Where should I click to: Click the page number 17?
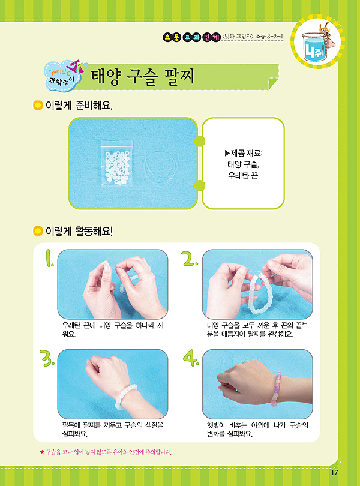coord(334,473)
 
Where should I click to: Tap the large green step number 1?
coord(49,258)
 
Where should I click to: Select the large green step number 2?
coord(190,258)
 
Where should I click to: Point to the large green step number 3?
coord(47,358)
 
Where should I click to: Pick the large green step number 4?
coord(191,358)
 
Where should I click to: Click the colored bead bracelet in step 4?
coord(276,389)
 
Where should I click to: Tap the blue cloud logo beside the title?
coord(62,77)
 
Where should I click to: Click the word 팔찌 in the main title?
coord(180,76)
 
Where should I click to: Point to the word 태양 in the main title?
coord(105,76)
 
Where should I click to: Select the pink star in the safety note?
coord(42,452)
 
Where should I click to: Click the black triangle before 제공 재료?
coord(227,153)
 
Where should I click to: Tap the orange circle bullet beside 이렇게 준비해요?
coord(38,106)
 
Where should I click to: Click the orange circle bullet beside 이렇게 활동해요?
coord(38,231)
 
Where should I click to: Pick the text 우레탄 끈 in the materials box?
coord(243,176)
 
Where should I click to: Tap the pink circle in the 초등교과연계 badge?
coord(206,38)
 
